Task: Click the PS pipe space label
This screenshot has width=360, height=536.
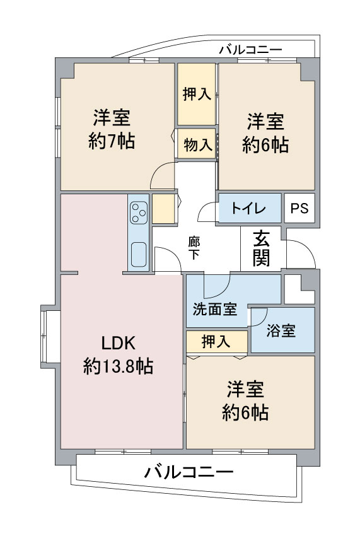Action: (299, 208)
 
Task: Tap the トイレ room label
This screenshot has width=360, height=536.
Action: (249, 208)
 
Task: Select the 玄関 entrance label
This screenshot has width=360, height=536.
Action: (262, 249)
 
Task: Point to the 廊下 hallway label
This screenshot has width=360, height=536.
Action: (194, 248)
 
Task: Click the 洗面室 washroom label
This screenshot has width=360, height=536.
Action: (215, 310)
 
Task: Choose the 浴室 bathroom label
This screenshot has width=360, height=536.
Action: (281, 331)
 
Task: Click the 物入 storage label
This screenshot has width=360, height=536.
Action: (198, 144)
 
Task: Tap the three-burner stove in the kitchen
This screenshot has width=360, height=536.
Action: (139, 213)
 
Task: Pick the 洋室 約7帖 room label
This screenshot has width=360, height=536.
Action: (112, 129)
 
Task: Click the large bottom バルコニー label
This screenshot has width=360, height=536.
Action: (189, 472)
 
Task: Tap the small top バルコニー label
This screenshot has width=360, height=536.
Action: (250, 50)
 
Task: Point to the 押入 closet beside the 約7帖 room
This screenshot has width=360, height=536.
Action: (197, 94)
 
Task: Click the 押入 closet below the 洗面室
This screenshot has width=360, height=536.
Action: (216, 341)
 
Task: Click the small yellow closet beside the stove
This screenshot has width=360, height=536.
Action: (163, 209)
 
